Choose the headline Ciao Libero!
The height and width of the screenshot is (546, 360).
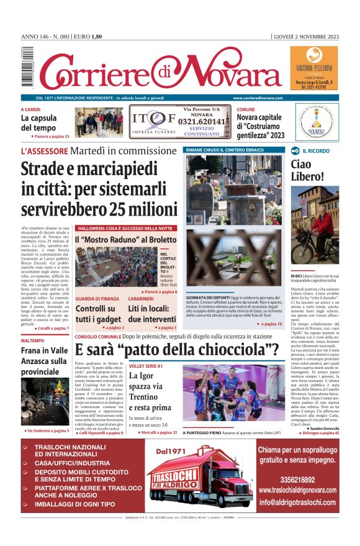(x=307, y=170)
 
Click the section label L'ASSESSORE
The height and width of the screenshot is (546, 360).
(x=43, y=151)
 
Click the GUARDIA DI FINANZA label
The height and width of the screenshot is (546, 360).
(x=97, y=299)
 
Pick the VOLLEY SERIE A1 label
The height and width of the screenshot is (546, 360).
(x=146, y=366)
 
